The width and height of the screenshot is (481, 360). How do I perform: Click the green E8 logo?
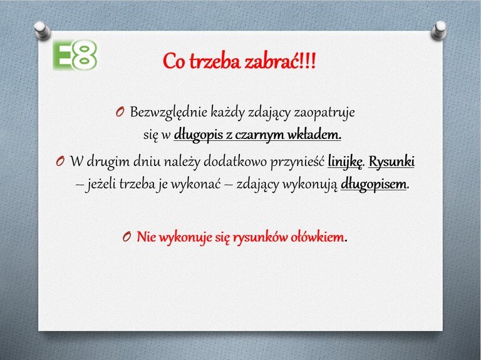(75, 55)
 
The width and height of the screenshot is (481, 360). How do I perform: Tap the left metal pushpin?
(43, 30)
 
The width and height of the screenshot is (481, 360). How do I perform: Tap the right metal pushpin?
(438, 30)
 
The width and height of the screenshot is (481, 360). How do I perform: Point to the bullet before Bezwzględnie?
(120, 112)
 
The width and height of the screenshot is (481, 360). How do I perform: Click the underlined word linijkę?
(345, 162)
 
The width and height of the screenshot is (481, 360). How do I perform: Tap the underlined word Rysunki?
(391, 162)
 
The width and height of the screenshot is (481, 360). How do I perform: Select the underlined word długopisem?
(373, 185)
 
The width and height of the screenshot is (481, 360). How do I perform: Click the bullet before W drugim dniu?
(60, 162)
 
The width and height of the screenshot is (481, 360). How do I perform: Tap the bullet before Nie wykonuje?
(127, 237)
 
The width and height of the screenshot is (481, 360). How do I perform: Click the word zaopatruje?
(324, 113)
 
